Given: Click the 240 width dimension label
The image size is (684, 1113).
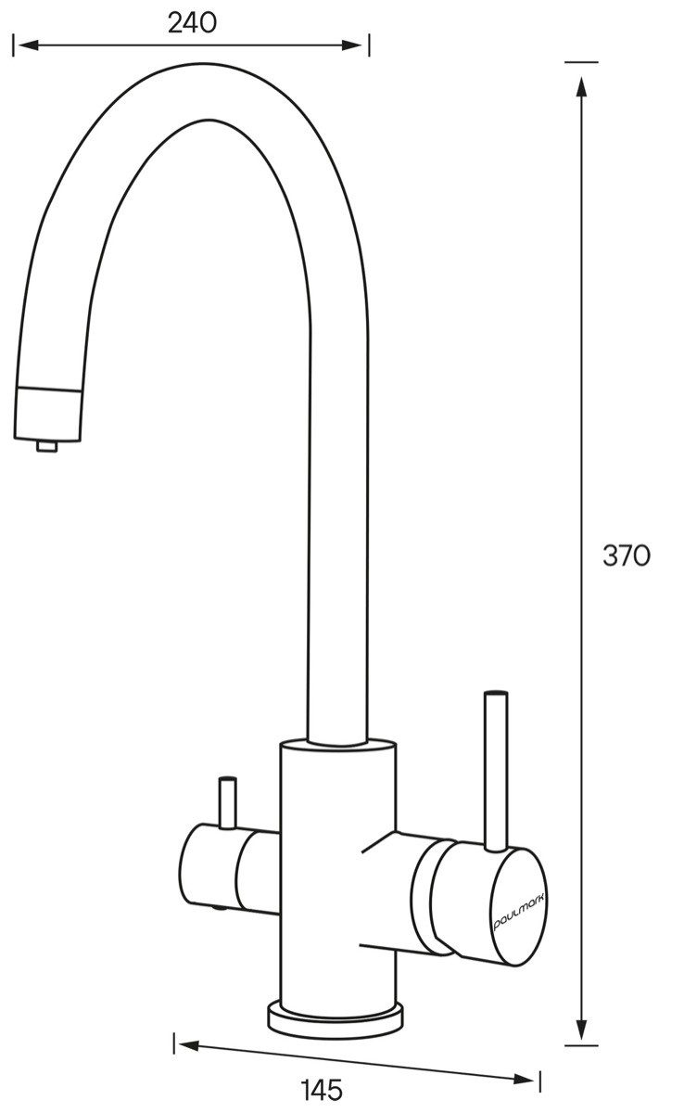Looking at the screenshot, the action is pos(192,23).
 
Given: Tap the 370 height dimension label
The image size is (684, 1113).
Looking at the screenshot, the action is pos(626,556).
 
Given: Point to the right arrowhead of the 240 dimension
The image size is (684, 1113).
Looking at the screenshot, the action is pos(352,45).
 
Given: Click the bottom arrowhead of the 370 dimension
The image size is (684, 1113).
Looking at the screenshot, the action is pos(581,1010).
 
